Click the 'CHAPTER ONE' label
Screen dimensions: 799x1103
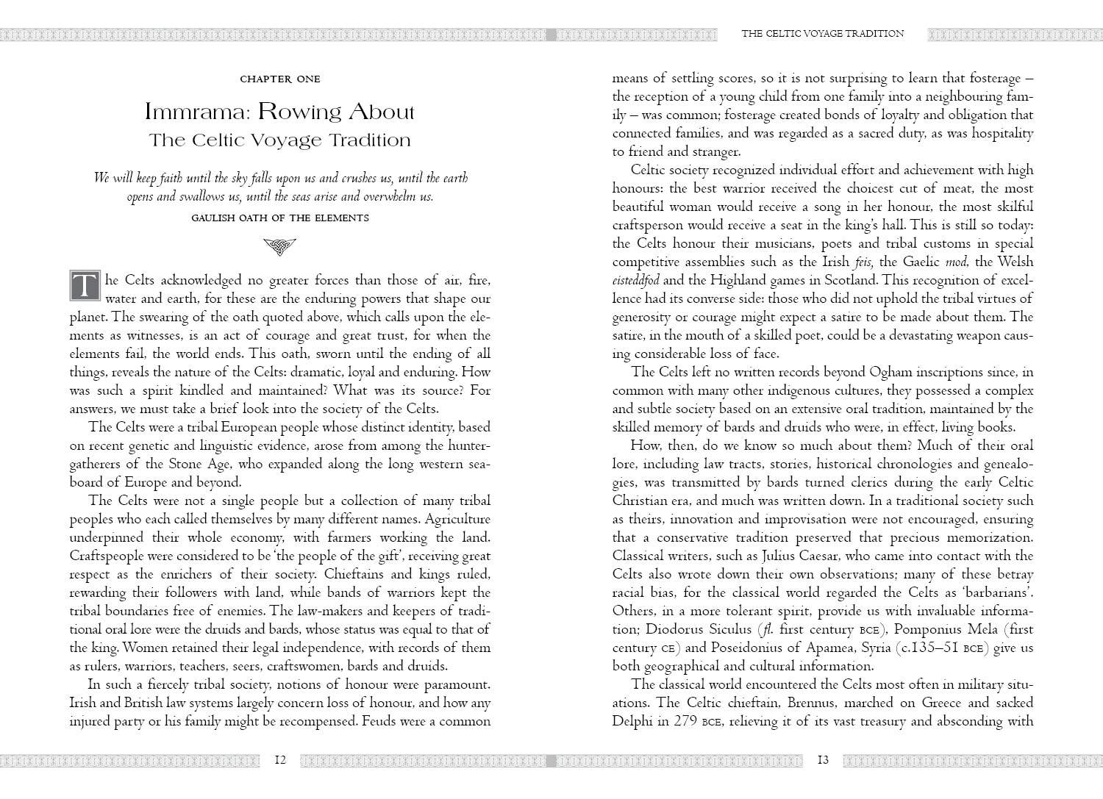(280, 79)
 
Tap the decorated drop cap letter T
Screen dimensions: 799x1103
(85, 285)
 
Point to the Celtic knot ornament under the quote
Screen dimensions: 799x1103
(279, 247)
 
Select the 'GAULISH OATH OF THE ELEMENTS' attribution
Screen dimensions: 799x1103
(279, 218)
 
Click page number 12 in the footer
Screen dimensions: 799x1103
(279, 760)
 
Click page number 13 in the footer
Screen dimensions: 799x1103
(823, 760)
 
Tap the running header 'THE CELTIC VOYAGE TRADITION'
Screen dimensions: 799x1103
(823, 33)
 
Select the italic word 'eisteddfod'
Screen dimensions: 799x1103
(636, 280)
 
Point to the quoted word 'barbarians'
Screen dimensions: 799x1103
(997, 592)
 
